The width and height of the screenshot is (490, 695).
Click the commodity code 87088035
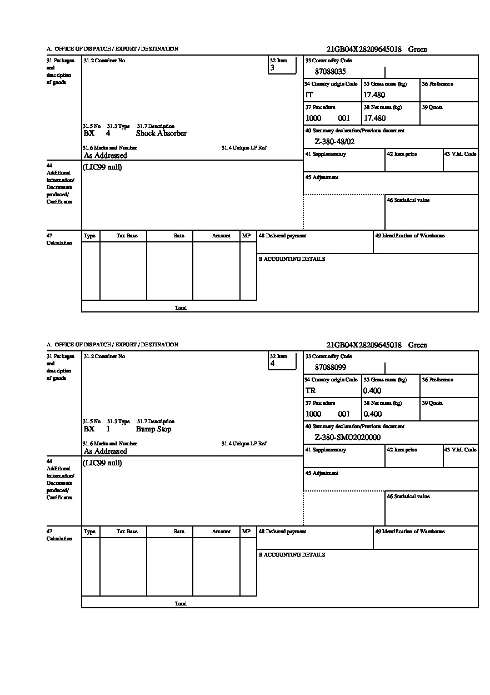click(x=330, y=72)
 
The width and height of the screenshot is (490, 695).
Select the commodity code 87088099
click(x=330, y=368)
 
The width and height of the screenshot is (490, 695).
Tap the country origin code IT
click(x=309, y=95)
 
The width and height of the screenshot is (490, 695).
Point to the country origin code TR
click(x=311, y=391)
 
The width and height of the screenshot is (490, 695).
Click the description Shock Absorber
click(x=161, y=133)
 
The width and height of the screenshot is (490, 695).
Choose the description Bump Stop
click(x=153, y=429)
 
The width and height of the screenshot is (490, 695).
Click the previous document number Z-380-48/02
click(x=334, y=142)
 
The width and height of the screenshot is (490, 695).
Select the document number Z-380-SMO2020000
click(x=347, y=438)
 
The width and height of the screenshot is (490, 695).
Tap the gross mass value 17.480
click(x=374, y=95)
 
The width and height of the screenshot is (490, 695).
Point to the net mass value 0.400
click(x=372, y=414)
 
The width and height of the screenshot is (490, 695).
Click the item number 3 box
click(x=282, y=65)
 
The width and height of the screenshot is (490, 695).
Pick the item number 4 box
click(x=282, y=361)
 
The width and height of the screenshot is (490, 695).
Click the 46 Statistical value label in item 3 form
click(x=408, y=200)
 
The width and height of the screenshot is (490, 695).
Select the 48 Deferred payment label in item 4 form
click(x=282, y=532)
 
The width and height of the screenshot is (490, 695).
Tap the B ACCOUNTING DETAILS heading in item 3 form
click(x=292, y=259)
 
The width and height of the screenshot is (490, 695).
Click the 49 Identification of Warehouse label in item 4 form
click(x=409, y=532)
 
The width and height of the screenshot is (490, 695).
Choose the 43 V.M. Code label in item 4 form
click(x=460, y=450)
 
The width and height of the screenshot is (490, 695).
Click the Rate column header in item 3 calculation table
click(x=178, y=236)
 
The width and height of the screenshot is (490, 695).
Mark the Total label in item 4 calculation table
click(x=181, y=604)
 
